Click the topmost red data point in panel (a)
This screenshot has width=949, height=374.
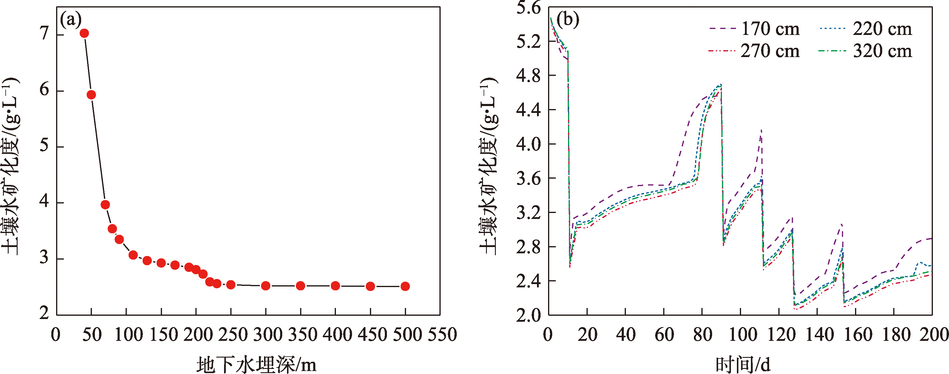84,33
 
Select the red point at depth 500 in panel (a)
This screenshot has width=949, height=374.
405,286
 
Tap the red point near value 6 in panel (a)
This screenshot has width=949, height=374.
91,95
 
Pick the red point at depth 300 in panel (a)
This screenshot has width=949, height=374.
266,286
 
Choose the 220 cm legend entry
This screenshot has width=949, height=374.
866,29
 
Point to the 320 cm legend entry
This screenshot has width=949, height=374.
866,50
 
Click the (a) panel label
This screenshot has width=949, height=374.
70,19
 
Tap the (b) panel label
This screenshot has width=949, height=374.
568,19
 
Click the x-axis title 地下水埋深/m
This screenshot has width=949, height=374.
256,364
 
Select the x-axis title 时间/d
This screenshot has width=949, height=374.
743,364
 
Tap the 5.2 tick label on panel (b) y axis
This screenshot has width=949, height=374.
528,42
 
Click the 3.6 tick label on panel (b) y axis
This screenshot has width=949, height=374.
528,179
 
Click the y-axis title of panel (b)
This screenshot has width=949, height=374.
488,166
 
